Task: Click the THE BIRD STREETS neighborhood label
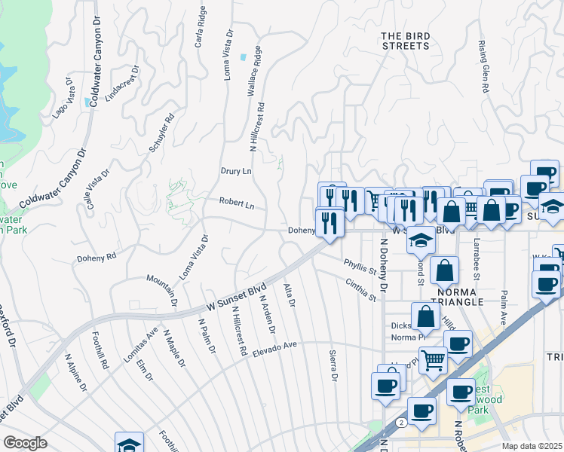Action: (x=405, y=41)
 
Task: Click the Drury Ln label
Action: (x=236, y=171)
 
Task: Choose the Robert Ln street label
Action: (x=237, y=203)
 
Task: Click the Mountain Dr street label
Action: (x=161, y=289)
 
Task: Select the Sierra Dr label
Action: (x=333, y=366)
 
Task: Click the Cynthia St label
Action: (x=360, y=290)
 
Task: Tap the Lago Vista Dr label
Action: (x=61, y=98)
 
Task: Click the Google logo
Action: (x=25, y=443)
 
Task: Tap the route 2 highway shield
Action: (x=403, y=423)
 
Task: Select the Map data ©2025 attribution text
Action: (x=532, y=446)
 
